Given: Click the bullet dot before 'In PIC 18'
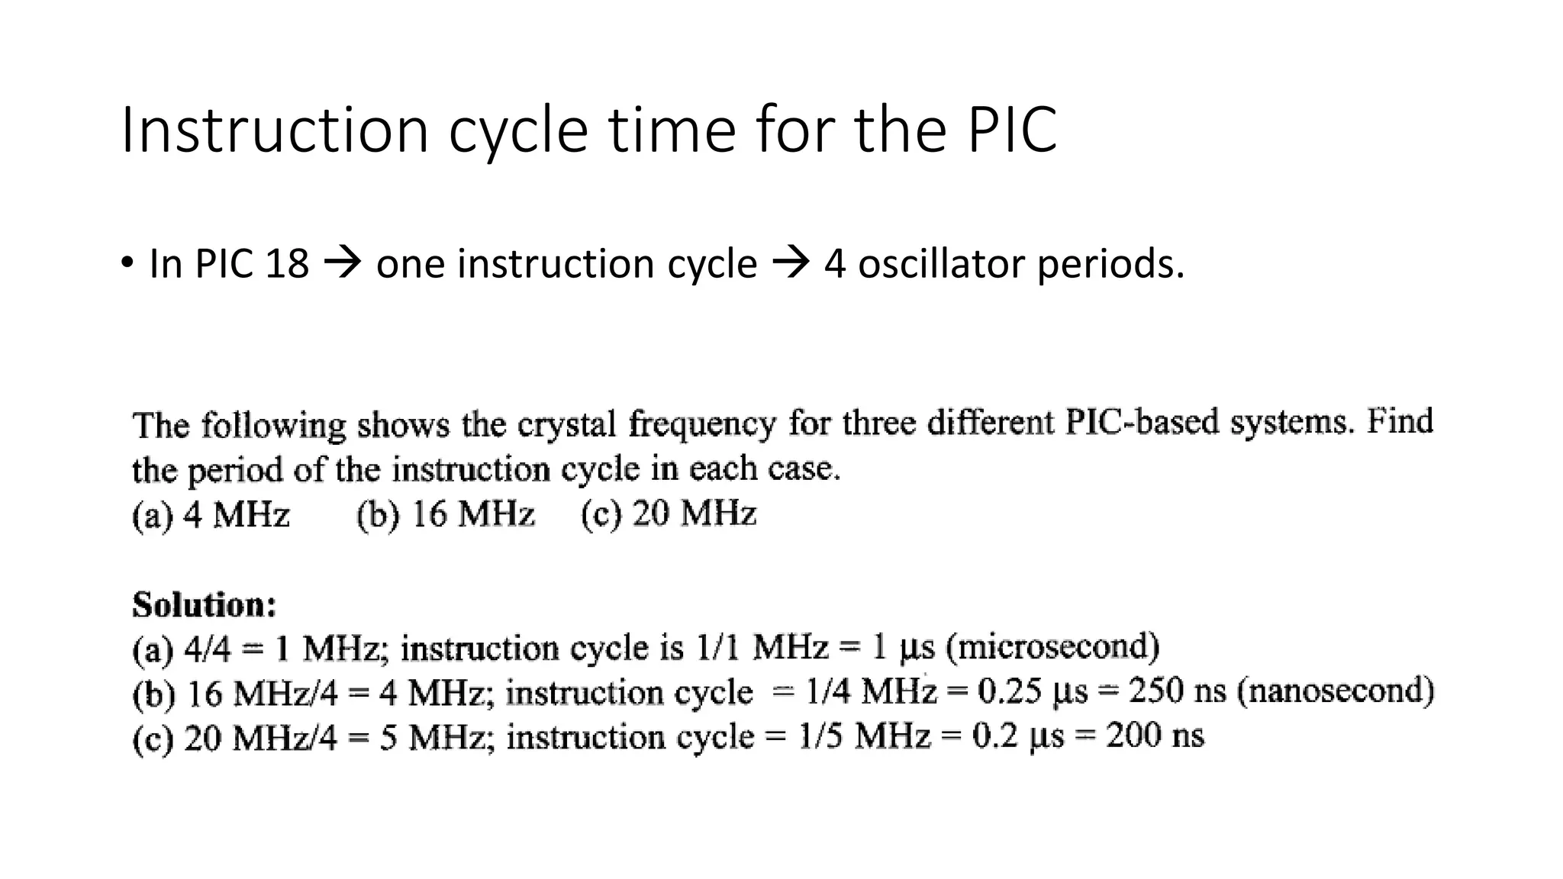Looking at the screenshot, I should click(127, 263).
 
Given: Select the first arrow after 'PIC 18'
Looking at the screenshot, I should click(342, 264).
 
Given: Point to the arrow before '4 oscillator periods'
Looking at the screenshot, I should click(790, 264).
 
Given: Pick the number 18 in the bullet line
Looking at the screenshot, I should click(287, 264).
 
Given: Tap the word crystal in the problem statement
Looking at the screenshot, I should click(566, 424).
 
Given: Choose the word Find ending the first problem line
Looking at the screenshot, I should click(1400, 420).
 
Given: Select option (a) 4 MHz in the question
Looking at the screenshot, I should click(211, 514).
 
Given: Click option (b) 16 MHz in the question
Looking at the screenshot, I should click(446, 514).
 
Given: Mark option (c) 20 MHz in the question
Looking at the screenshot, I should click(669, 513).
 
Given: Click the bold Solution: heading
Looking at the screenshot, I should click(205, 604).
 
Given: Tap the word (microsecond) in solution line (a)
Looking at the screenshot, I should click(1053, 647).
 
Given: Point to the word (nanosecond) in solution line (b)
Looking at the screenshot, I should click(1336, 691).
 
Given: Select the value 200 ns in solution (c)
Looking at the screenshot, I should click(1155, 736).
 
